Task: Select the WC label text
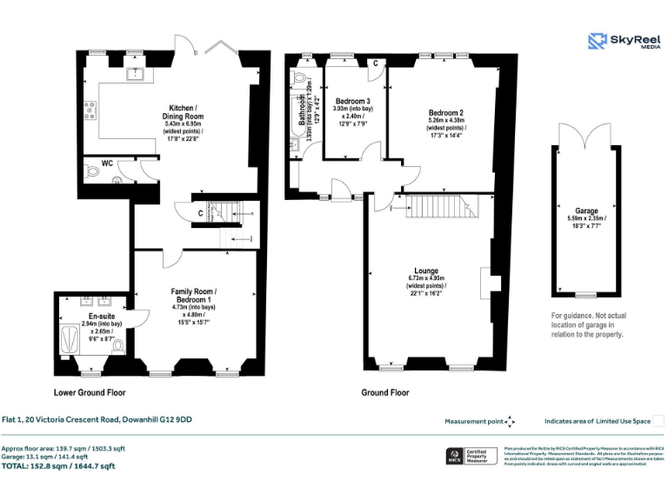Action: pyautogui.click(x=107, y=163)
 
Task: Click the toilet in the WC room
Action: pyautogui.click(x=118, y=181)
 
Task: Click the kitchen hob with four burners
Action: pyautogui.click(x=90, y=109)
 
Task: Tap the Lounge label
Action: pyautogui.click(x=425, y=271)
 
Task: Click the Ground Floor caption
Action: pyautogui.click(x=385, y=392)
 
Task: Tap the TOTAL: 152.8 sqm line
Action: pyautogui.click(x=58, y=466)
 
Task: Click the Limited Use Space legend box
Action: pyautogui.click(x=658, y=421)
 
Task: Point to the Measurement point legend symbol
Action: pyautogui.click(x=510, y=421)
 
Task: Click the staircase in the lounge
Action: pyautogui.click(x=431, y=207)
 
